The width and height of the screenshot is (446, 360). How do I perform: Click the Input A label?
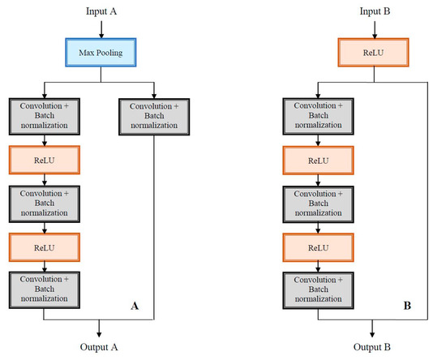[100, 11]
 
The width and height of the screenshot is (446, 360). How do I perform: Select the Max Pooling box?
[100, 54]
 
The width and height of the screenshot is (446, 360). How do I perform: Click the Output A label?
[99, 346]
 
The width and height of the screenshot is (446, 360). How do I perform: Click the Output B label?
[372, 346]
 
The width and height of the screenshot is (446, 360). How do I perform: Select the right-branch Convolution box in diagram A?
[153, 115]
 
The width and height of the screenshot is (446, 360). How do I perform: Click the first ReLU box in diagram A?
[45, 159]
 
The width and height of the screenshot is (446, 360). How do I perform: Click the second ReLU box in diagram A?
[45, 246]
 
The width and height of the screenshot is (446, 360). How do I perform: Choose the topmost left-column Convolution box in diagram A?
[45, 115]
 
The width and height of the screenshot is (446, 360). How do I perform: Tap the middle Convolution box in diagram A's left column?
[45, 202]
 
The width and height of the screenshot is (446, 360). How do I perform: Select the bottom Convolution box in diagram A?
[45, 289]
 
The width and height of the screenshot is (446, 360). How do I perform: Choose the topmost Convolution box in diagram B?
[318, 115]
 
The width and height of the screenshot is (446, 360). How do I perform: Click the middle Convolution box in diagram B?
[318, 202]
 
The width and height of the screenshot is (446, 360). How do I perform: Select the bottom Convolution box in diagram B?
[318, 289]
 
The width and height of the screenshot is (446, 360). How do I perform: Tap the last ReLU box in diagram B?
[318, 246]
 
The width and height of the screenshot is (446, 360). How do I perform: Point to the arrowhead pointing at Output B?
[372, 332]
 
